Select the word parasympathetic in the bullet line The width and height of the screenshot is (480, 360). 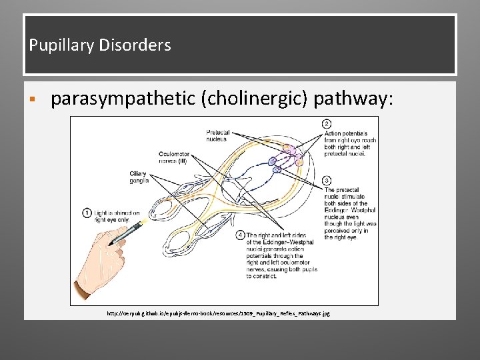point(123,99)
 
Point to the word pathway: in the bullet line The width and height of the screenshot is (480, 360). point(354,99)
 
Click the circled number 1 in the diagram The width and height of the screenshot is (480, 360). point(87,213)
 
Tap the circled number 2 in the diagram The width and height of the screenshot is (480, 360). point(327,124)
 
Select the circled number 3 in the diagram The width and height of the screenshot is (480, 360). point(327,181)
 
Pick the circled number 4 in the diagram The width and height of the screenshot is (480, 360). point(241,235)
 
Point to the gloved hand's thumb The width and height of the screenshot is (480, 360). point(113,253)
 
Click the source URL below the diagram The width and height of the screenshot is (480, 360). point(218,313)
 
